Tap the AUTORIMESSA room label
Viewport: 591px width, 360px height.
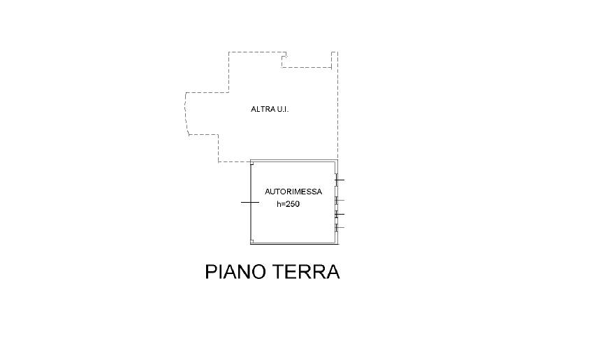coord(293,192)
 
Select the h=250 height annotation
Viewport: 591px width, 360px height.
coord(288,204)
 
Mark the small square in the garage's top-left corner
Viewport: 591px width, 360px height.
coord(252,164)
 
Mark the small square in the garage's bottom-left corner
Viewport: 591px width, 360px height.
coord(252,241)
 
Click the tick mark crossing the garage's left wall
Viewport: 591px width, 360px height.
coord(250,203)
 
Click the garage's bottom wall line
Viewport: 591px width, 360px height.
coord(294,243)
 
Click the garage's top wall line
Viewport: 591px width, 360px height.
coord(294,161)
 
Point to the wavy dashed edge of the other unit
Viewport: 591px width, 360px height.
coord(187,113)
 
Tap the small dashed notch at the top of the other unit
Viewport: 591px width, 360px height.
coord(284,57)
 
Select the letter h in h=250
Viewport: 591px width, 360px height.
coord(279,204)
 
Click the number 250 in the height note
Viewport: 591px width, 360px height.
coord(293,204)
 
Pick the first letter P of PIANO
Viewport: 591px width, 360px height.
coord(211,272)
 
